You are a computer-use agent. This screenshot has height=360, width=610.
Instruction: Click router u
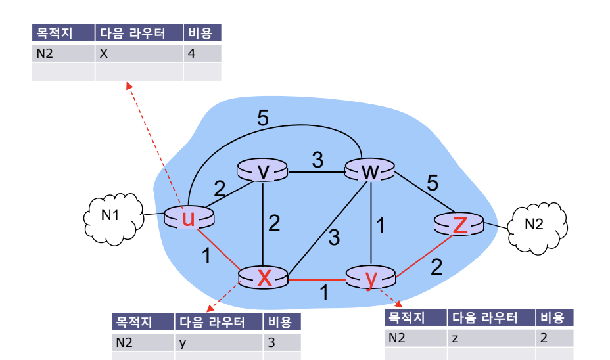point(189,217)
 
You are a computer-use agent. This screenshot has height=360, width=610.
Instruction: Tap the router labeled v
point(263,171)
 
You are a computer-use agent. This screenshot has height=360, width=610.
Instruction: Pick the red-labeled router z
point(460,225)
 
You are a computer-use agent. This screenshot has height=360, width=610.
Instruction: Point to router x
point(264,277)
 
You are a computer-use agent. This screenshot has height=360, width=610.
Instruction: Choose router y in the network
point(371,278)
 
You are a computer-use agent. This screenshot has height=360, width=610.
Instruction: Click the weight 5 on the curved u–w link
point(263,119)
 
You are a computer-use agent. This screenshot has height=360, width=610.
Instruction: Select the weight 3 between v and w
point(317,160)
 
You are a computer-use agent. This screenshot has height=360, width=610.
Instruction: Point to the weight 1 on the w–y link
point(379,226)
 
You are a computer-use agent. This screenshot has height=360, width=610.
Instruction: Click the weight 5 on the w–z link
point(432,183)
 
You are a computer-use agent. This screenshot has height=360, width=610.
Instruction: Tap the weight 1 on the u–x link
point(207,256)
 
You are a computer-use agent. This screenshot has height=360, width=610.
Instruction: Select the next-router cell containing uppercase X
point(139,53)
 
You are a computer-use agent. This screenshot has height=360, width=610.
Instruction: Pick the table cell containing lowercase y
point(218,342)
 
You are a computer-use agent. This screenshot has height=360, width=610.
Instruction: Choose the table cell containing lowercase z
point(491,338)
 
